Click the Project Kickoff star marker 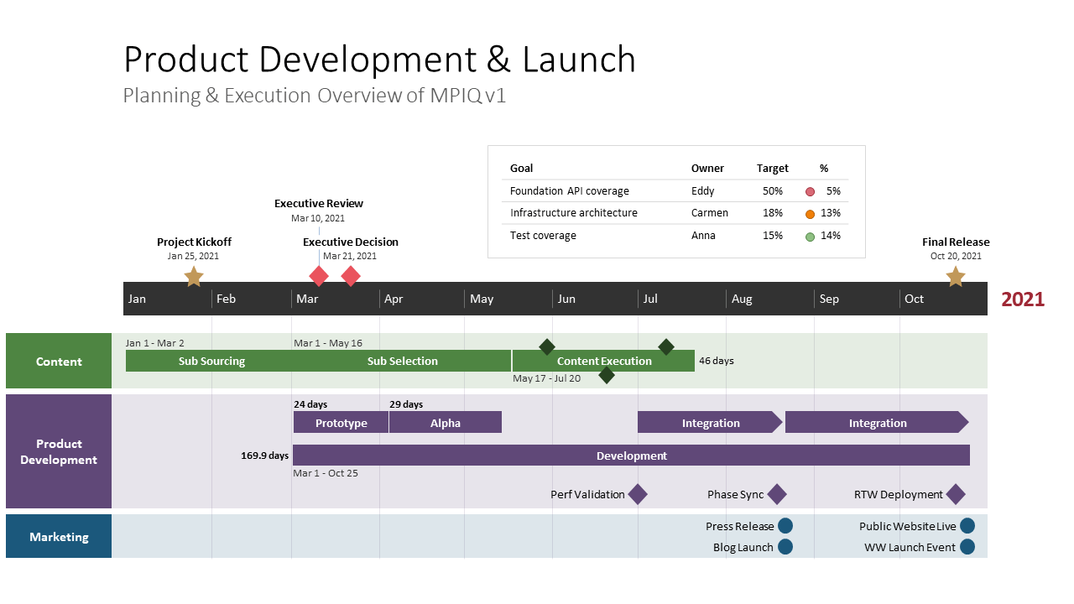point(194,277)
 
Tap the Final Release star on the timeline point(955,277)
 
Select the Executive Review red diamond point(319,276)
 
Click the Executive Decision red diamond point(351,276)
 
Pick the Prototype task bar point(341,423)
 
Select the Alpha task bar point(446,423)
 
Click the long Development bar point(631,456)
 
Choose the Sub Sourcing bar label point(211,362)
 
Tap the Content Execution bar point(603,362)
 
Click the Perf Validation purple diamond point(638,494)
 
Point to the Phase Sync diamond point(777,494)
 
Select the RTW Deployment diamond point(956,494)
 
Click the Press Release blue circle point(785,526)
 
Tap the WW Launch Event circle point(967,547)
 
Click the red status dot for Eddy point(810,191)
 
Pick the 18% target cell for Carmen point(772,213)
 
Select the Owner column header point(707,169)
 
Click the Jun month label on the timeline point(566,299)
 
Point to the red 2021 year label point(1022,299)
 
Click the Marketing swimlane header point(59,537)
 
